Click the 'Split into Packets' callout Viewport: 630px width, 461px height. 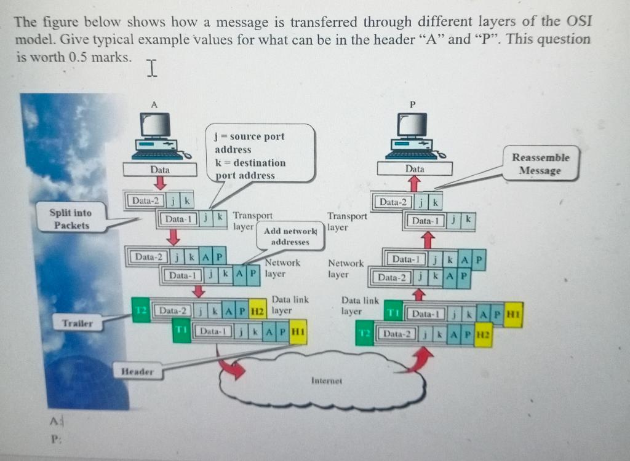click(x=71, y=219)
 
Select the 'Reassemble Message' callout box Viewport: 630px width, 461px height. click(x=541, y=164)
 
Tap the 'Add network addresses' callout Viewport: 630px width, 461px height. click(x=290, y=237)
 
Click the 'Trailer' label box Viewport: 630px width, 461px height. click(x=76, y=322)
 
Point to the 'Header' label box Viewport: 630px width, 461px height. click(x=137, y=371)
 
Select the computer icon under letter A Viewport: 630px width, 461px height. click(x=156, y=136)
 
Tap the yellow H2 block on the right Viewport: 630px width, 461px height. click(x=483, y=336)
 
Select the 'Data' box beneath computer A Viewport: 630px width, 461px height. click(x=159, y=168)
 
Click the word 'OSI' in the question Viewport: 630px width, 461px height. click(x=575, y=23)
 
